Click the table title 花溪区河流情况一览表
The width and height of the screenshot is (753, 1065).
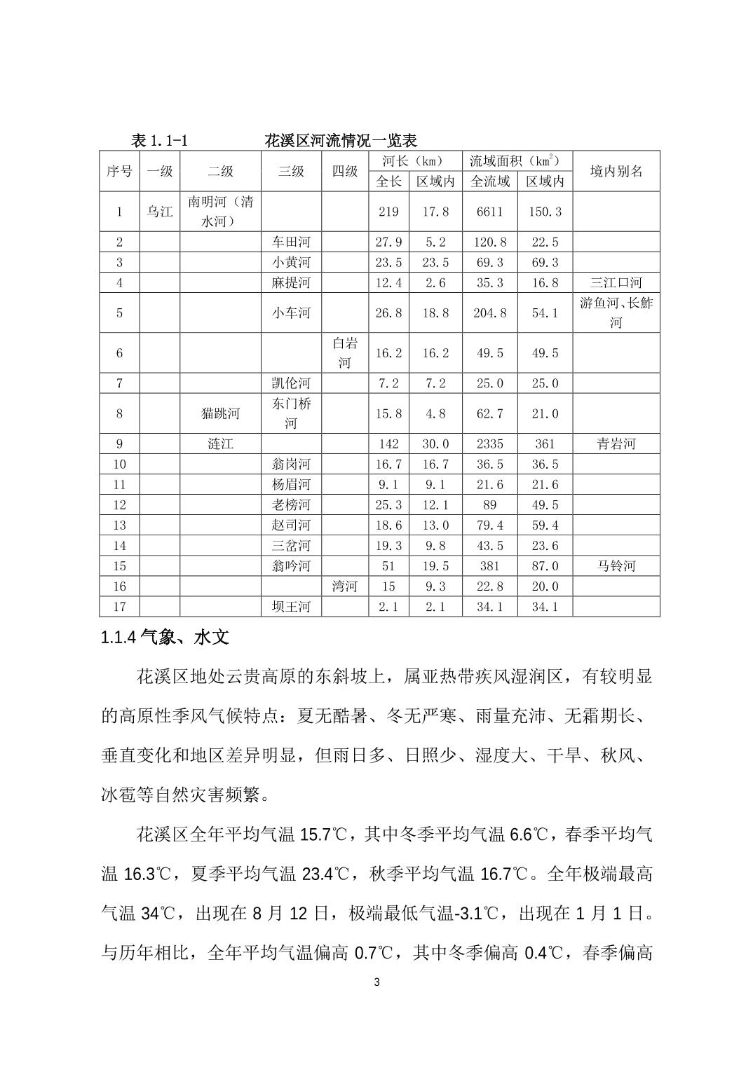pos(341,140)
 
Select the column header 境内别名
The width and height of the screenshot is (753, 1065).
pos(616,171)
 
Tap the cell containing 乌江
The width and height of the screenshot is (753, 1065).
pos(160,212)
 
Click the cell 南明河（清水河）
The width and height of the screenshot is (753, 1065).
pos(220,212)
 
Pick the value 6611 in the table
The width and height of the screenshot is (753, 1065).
pos(489,212)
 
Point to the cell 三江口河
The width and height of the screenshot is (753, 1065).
pos(616,283)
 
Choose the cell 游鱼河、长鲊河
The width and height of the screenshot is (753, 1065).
pos(616,312)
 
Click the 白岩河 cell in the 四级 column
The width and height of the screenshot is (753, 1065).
pos(345,352)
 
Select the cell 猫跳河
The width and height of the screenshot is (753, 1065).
pos(220,413)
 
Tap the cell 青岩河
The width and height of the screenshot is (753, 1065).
pos(616,444)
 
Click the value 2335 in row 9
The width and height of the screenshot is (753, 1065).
pos(489,444)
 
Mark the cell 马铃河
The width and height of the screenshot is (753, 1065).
pos(616,565)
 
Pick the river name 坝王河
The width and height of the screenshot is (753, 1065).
pos(291,606)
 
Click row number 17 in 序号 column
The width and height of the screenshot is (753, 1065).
pos(119,606)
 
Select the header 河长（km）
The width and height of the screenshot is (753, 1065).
pos(414,160)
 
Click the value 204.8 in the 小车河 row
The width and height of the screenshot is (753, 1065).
pos(489,312)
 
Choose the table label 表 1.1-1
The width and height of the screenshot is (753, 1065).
pos(159,140)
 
